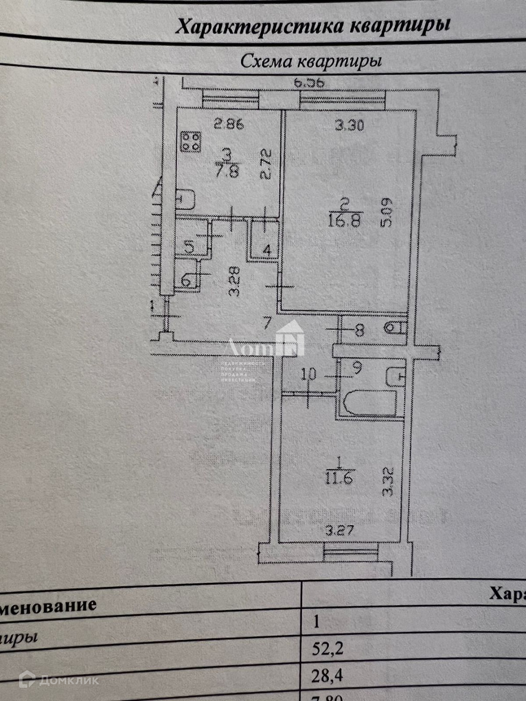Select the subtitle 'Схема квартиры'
[311, 61]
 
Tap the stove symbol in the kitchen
[190, 142]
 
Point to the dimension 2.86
[229, 124]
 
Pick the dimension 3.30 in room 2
[349, 126]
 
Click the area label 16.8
[345, 221]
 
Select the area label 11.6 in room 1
[339, 479]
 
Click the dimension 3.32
[388, 481]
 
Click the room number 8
[359, 331]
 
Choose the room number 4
[266, 250]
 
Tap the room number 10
[309, 374]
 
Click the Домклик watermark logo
[59, 680]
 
